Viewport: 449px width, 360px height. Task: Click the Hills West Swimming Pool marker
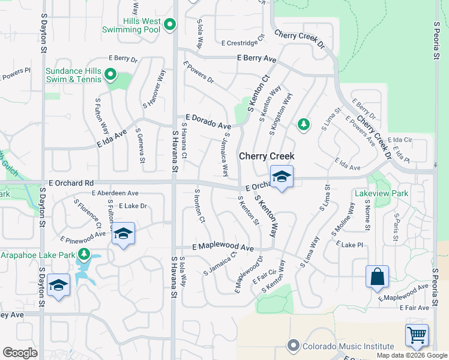170,25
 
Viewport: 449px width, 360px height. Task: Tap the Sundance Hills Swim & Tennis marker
110,75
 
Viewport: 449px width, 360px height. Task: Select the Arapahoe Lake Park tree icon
83,255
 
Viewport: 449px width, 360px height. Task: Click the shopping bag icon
377,277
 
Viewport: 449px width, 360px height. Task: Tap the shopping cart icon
417,335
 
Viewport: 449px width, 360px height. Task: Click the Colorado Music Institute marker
293,346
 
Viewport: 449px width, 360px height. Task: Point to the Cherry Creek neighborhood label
267,156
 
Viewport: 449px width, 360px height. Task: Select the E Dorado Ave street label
208,122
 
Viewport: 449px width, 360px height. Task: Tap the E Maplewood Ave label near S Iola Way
223,247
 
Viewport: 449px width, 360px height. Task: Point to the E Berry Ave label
256,59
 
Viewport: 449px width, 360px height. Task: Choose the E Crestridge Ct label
243,43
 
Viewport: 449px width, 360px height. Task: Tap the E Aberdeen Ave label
115,193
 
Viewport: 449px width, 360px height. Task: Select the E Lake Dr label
133,206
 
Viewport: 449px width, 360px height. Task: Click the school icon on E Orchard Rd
281,176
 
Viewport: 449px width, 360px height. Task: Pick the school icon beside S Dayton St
59,285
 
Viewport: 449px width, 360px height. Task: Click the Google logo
20,353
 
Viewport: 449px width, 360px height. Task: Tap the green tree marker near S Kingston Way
304,124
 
